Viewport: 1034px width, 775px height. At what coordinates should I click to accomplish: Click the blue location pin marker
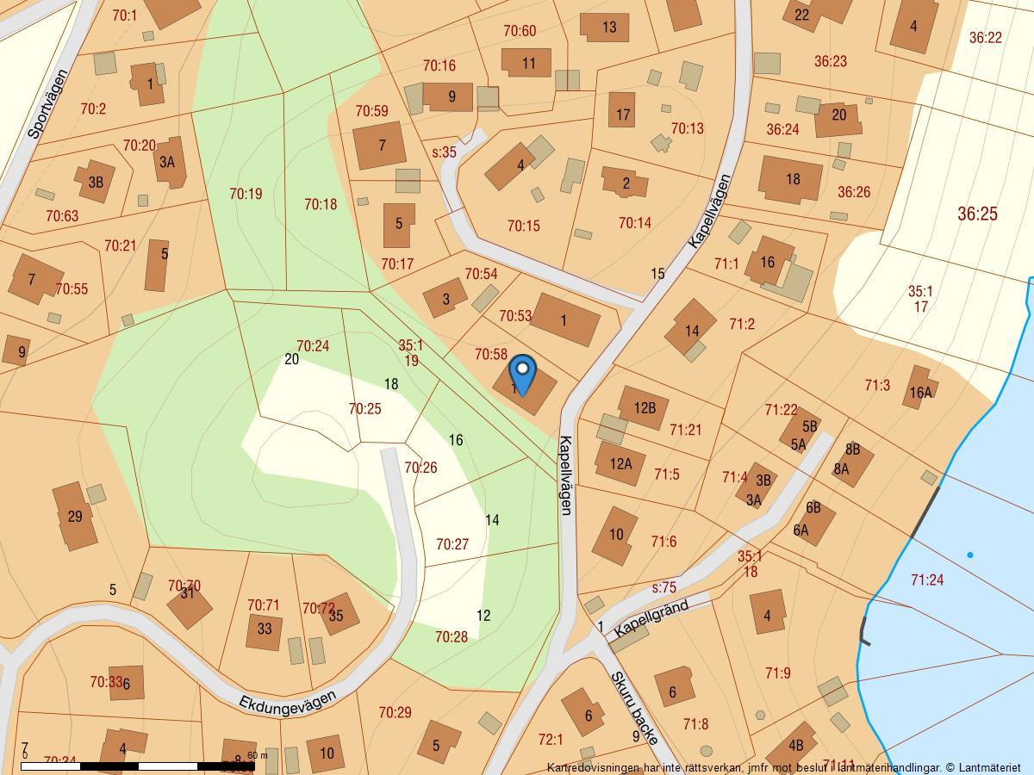pyautogui.click(x=522, y=375)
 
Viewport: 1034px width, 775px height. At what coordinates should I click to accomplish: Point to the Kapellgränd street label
pyautogui.click(x=651, y=620)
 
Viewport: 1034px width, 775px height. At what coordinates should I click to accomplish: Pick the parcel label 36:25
pyautogui.click(x=977, y=214)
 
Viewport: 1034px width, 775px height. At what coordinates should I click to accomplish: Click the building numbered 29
pyautogui.click(x=75, y=516)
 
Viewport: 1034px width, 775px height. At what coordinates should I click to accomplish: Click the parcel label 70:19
pyautogui.click(x=246, y=194)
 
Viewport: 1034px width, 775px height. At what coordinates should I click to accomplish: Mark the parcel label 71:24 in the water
pyautogui.click(x=926, y=580)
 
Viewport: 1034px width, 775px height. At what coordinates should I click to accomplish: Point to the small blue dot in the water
pyautogui.click(x=969, y=555)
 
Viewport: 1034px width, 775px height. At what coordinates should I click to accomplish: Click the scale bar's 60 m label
pyautogui.click(x=258, y=755)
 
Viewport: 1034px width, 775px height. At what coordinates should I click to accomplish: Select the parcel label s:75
pyautogui.click(x=663, y=588)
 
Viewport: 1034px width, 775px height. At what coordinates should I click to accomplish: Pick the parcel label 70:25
pyautogui.click(x=364, y=409)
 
